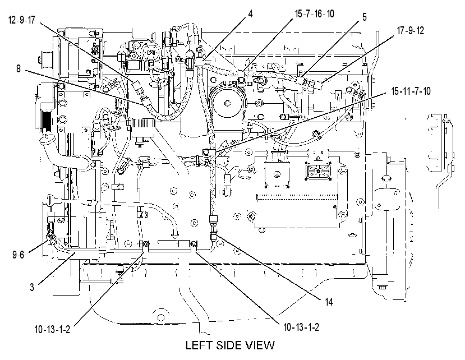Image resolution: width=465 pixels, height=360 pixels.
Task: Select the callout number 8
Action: (19, 69)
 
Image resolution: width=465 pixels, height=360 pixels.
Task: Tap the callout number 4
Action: (251, 13)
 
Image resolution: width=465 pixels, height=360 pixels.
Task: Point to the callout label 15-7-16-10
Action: (314, 13)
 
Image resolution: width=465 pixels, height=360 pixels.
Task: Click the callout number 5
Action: (364, 17)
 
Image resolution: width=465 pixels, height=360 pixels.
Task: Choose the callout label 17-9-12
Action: (411, 30)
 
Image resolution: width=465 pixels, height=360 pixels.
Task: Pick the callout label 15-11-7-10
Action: (411, 91)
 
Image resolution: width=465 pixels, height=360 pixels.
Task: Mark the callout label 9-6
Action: (18, 255)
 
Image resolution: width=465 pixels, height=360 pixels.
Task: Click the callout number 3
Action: (32, 287)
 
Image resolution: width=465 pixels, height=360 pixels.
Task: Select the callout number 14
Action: (329, 302)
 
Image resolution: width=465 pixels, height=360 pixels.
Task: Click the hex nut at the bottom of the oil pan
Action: (161, 317)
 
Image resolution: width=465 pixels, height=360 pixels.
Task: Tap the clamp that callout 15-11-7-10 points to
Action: (209, 152)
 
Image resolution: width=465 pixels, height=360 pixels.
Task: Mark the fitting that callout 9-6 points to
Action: (50, 236)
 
